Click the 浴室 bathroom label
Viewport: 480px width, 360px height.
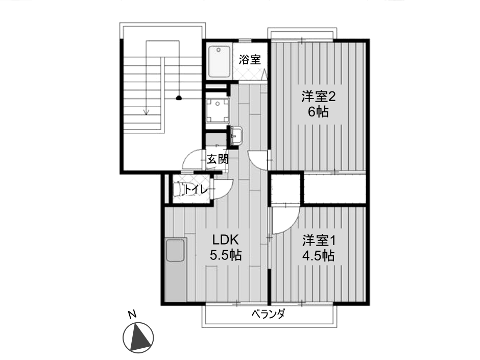pyautogui.click(x=250, y=59)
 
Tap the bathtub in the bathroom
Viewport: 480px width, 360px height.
pyautogui.click(x=219, y=61)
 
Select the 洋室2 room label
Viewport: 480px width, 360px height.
pyautogui.click(x=318, y=97)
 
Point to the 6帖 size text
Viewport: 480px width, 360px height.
pyautogui.click(x=318, y=112)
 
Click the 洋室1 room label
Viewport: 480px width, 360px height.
pyautogui.click(x=319, y=241)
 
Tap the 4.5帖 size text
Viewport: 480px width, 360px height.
pyautogui.click(x=318, y=255)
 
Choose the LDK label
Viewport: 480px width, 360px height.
pyautogui.click(x=226, y=239)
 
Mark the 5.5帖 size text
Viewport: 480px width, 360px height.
pyautogui.click(x=226, y=255)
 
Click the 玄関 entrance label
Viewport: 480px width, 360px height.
pyautogui.click(x=218, y=159)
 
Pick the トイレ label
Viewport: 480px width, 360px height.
pyautogui.click(x=196, y=190)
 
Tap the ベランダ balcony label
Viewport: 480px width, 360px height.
pyautogui.click(x=268, y=314)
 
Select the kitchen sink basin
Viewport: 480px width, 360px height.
pyautogui.click(x=175, y=250)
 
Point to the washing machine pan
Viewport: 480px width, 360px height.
pyautogui.click(x=218, y=110)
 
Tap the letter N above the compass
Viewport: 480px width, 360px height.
pyautogui.click(x=132, y=315)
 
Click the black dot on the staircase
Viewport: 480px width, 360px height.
pyautogui.click(x=179, y=98)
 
